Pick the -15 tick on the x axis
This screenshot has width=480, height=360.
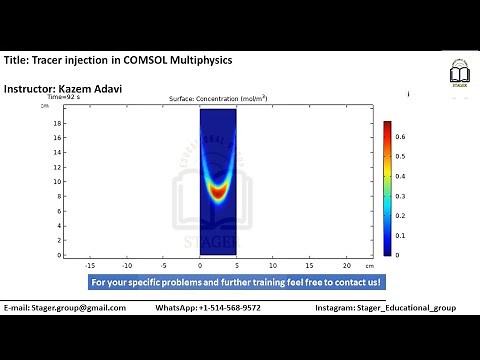coord(90,266)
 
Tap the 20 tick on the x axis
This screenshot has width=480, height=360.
coord(346,266)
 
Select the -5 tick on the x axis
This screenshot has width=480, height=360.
coord(163,266)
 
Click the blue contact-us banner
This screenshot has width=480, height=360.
coord(236,283)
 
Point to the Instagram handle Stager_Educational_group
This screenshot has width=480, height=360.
coord(412,308)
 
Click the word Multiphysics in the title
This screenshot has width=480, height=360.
coord(202,60)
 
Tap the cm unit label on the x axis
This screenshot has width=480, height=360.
coord(369,266)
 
